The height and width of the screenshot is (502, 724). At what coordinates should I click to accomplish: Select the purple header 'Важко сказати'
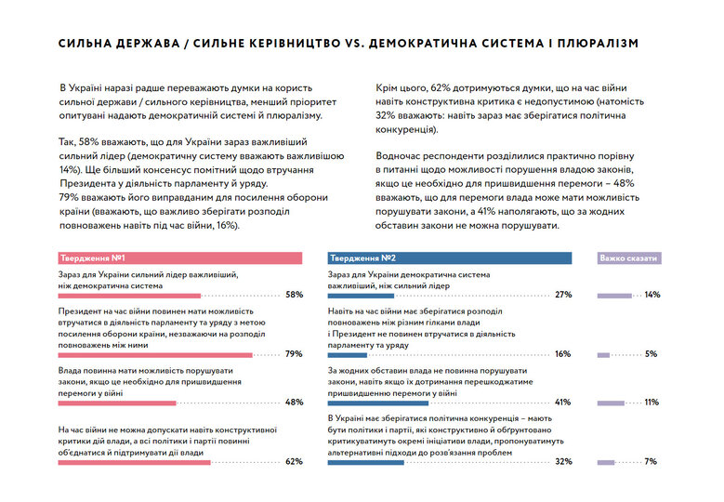point(628,258)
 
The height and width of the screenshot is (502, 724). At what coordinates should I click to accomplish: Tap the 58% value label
point(294,295)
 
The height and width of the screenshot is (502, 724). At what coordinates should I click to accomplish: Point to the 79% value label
point(294,354)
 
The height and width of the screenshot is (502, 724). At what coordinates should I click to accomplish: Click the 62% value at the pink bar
point(294,461)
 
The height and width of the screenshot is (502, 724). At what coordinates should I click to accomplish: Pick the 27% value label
point(562,295)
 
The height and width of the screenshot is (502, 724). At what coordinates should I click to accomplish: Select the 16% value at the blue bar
point(562,354)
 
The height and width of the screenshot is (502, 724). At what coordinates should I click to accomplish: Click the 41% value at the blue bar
point(562,403)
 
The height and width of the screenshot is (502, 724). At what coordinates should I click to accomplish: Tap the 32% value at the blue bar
point(562,461)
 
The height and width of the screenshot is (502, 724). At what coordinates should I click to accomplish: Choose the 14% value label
point(652,295)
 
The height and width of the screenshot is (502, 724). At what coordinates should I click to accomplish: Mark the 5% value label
point(652,354)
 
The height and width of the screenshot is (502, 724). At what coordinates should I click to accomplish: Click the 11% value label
point(652,403)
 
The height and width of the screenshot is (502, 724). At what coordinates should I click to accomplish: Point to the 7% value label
point(652,461)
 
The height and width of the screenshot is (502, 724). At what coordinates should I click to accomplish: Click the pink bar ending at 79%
point(154,354)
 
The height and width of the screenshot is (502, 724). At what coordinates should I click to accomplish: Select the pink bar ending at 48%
point(116,403)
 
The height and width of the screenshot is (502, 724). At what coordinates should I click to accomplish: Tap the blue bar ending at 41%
point(377,403)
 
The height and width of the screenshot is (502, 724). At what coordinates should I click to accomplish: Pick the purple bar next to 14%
point(612,296)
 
